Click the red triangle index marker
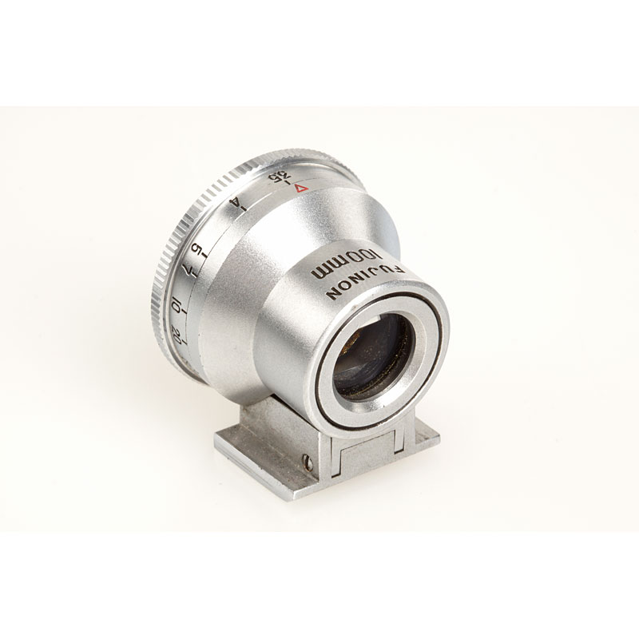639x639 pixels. (302, 189)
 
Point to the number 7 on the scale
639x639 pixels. (186, 269)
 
